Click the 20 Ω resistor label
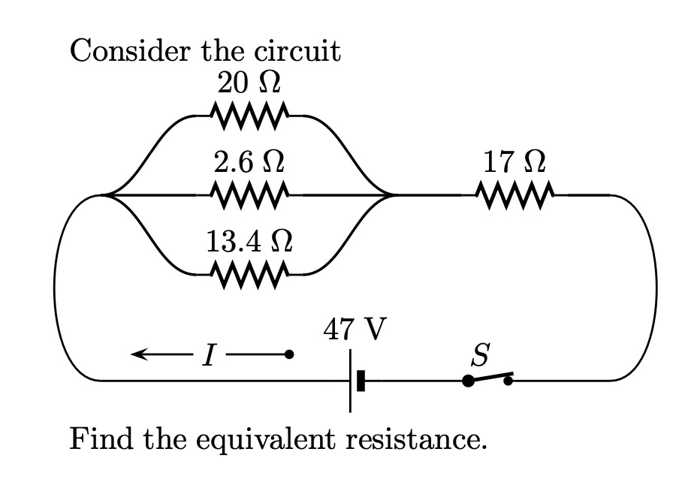coord(249,83)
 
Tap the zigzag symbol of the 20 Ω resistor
coord(249,116)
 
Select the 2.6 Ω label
coord(249,161)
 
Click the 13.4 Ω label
coord(249,242)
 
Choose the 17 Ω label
coord(515,161)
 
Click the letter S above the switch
coord(481,352)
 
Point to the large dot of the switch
coord(468,381)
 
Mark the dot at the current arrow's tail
coord(289,354)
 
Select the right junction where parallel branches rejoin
coord(391,195)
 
